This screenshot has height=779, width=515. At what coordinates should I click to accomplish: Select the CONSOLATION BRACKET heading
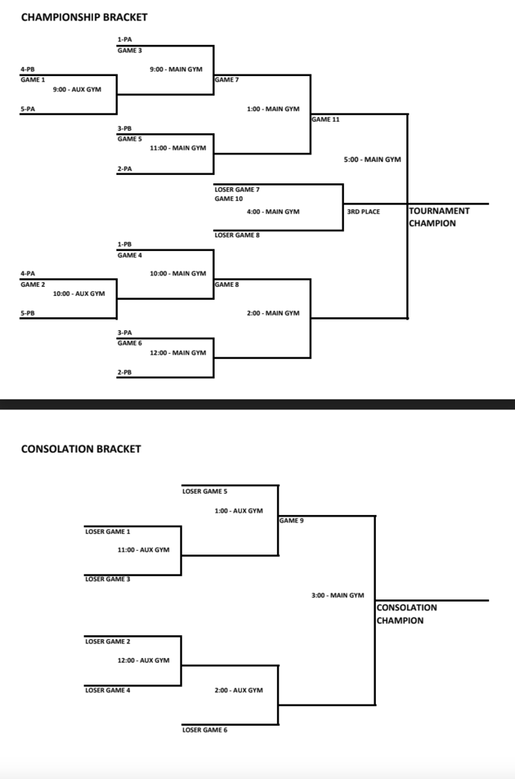coord(81,449)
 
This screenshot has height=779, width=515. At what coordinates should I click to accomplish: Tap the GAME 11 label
coord(326,119)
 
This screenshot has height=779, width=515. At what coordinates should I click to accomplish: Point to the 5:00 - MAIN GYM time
coord(373,160)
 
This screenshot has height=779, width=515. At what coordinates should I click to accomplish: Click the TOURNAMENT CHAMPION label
coord(438,218)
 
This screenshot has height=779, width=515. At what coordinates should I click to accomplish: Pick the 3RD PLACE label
coord(364,211)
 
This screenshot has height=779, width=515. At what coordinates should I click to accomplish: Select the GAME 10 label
coord(228,199)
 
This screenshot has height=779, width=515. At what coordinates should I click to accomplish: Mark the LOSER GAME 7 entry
coord(237,189)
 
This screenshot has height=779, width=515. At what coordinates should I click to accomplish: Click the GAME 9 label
coord(291,521)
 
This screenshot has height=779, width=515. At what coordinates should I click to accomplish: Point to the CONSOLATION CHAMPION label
coord(406,614)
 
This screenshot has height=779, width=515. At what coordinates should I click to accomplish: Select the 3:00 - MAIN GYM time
coord(338,595)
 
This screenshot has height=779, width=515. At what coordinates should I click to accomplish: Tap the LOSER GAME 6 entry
coord(205,730)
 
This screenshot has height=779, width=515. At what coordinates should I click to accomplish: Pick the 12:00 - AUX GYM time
coord(143,660)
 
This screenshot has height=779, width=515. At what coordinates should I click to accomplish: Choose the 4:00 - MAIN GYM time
coord(273,211)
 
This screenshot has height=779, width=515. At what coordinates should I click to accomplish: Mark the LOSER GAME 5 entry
coord(205,491)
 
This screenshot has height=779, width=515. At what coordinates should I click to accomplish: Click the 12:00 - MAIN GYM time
coord(178,352)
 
